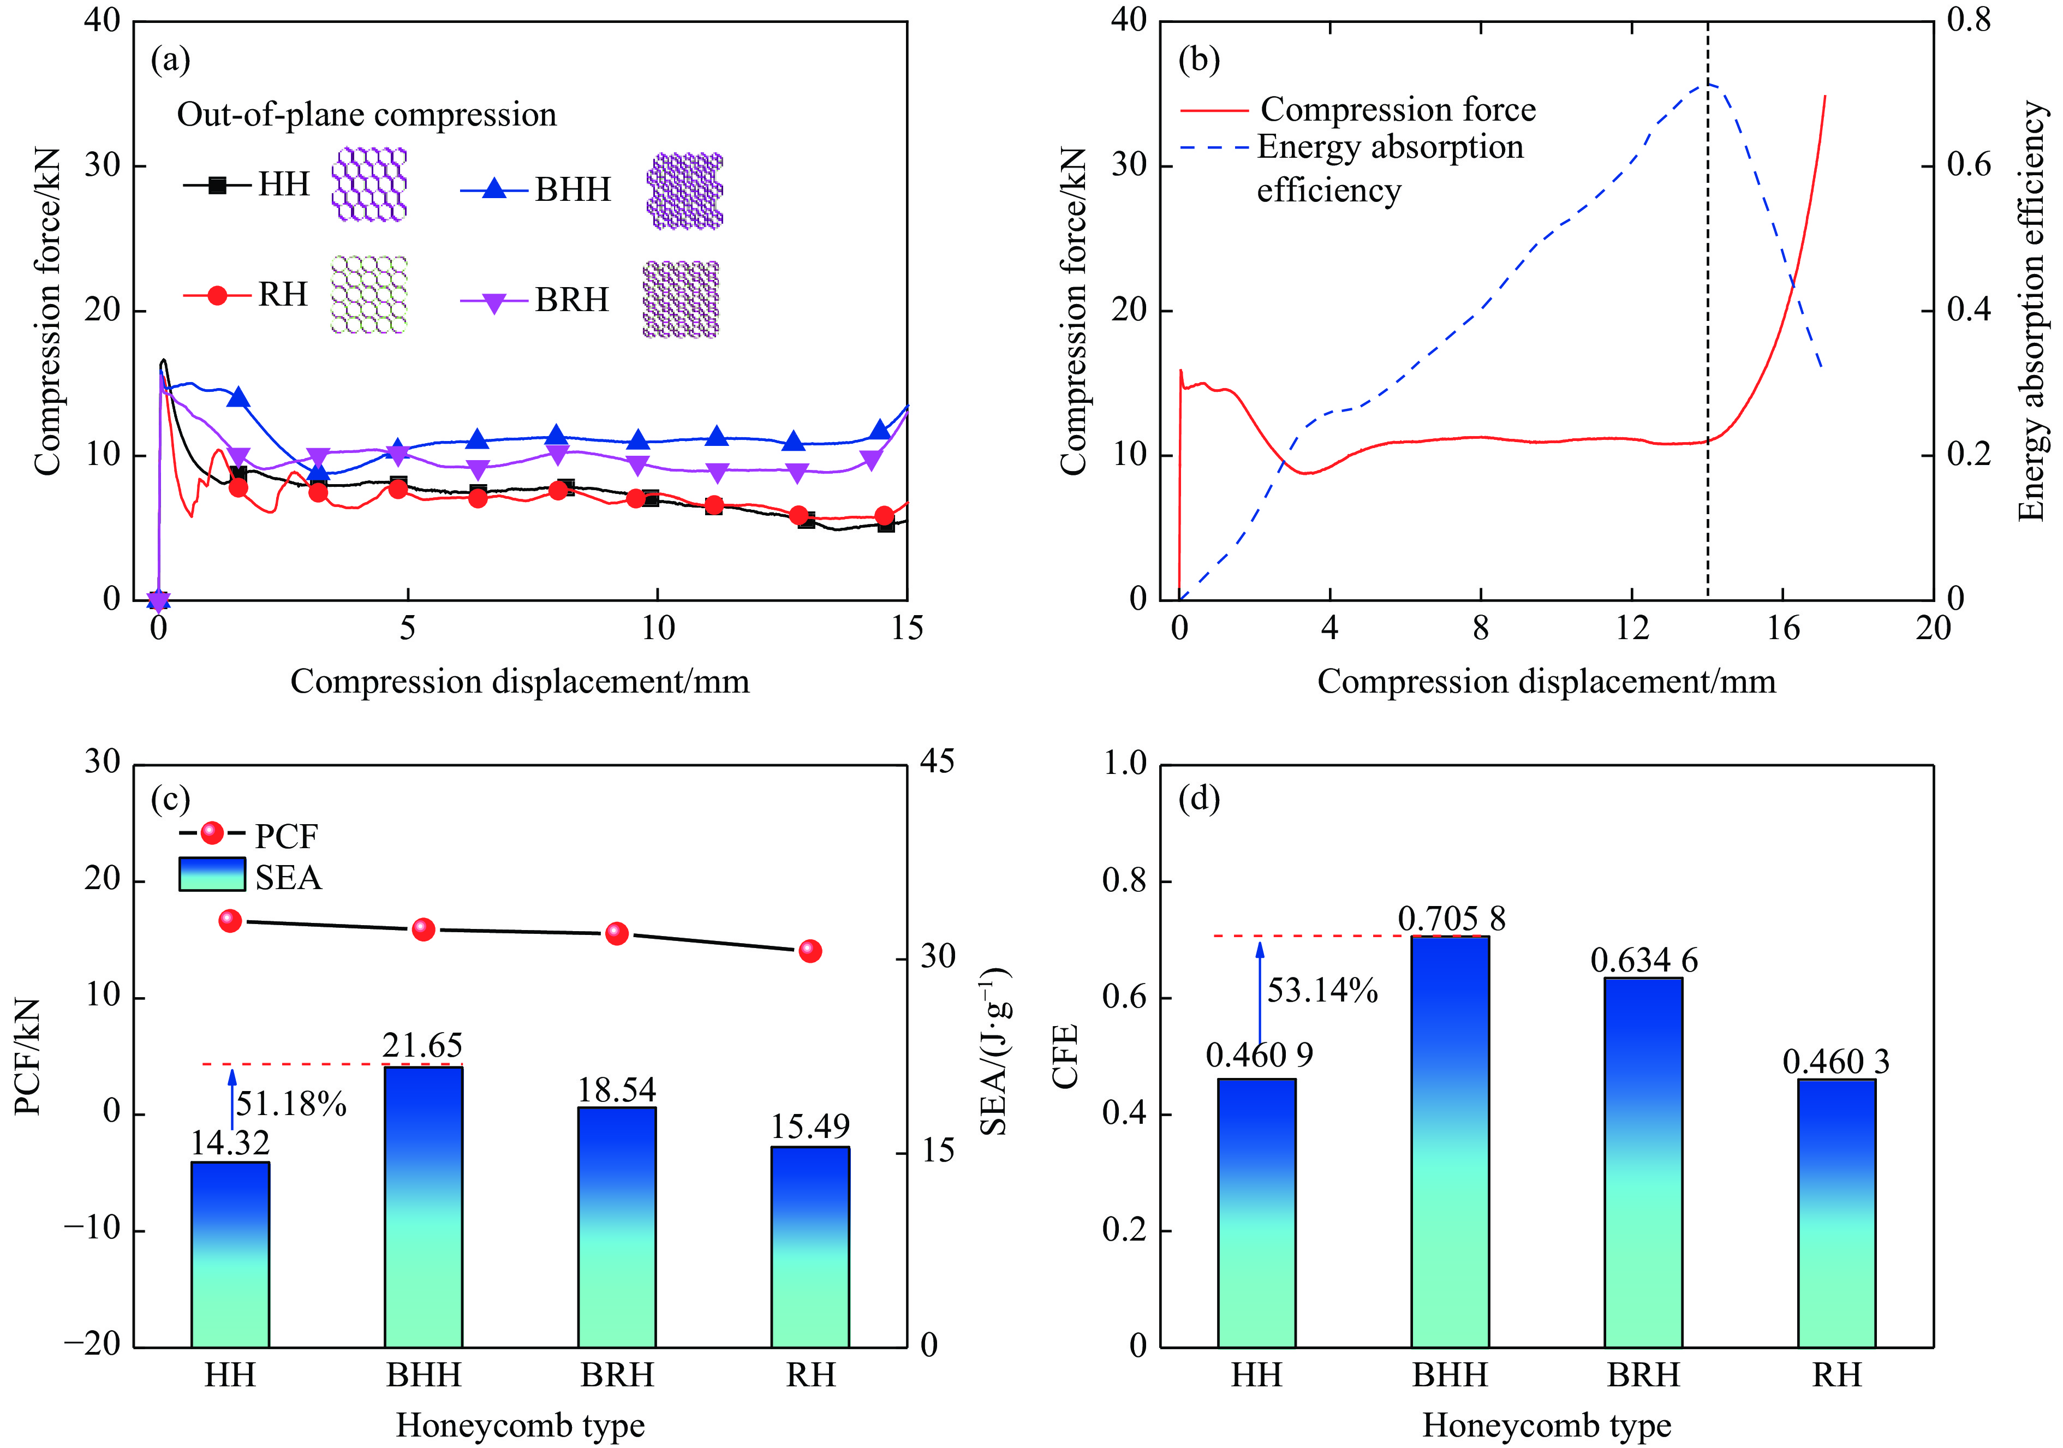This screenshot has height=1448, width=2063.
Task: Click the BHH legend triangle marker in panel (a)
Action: (494, 189)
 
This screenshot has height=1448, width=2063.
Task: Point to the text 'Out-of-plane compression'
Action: (367, 115)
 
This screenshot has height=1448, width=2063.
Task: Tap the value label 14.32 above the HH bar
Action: (230, 1142)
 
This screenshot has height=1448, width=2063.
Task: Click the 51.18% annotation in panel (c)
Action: (291, 1104)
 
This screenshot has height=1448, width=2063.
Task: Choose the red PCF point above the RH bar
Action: (810, 951)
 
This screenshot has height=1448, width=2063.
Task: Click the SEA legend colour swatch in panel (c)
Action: (212, 874)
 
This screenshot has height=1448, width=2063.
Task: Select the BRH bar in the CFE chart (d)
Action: (1643, 1162)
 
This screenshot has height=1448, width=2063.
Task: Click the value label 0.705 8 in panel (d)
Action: (1451, 919)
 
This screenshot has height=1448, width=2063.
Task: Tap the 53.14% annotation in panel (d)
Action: (1322, 991)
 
